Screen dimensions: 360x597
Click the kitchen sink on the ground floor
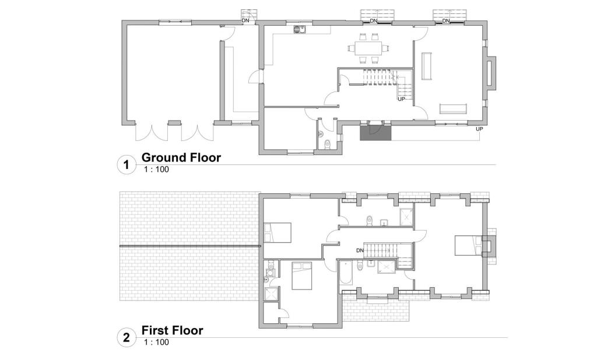(x=300, y=28)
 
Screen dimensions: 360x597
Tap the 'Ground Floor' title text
(x=181, y=157)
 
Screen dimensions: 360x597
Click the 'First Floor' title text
(x=173, y=331)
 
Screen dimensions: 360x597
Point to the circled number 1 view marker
(x=126, y=165)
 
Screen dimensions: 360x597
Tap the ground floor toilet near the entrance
(x=327, y=144)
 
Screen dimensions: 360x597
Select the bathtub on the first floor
(x=346, y=274)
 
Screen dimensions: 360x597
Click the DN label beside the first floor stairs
(x=360, y=250)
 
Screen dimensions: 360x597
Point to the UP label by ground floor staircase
(x=401, y=99)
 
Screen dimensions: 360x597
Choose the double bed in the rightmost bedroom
(x=468, y=246)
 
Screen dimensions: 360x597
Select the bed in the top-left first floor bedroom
(x=278, y=232)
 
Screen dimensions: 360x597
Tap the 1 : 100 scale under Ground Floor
(x=157, y=170)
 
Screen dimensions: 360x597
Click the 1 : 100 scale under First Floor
(x=157, y=343)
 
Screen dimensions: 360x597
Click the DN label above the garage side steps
(x=246, y=22)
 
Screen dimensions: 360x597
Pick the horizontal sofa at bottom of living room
(x=452, y=108)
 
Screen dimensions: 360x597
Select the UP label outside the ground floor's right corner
(x=479, y=129)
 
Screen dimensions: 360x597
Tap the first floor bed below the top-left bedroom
(x=301, y=275)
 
